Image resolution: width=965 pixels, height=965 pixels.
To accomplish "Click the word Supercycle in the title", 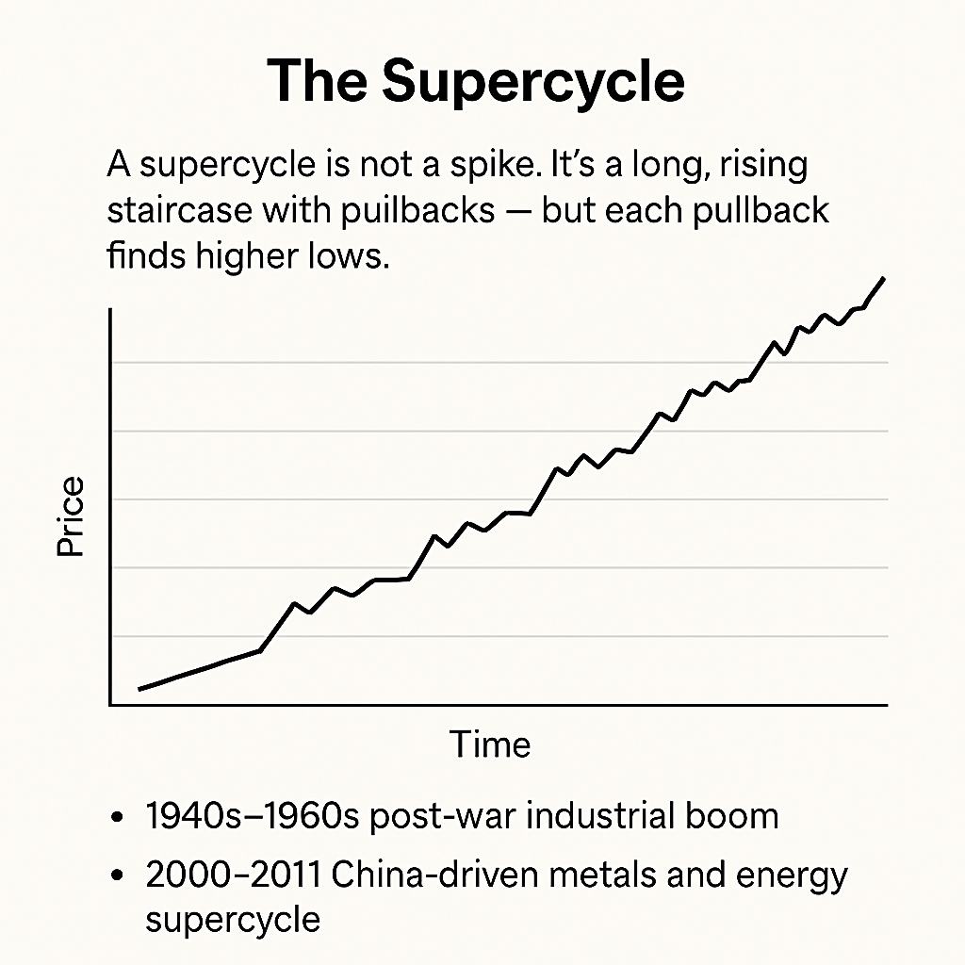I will [x=532, y=83].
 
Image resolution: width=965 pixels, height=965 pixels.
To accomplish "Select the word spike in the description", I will [x=499, y=167].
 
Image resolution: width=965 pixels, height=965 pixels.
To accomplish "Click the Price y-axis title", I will [x=70, y=516].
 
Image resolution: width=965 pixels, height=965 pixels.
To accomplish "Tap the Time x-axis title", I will [x=490, y=744].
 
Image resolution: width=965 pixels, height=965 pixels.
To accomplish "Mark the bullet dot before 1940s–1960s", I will [x=117, y=817].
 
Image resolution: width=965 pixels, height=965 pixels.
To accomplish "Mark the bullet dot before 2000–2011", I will [x=117, y=876].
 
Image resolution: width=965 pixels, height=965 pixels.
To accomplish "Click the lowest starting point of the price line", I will [x=140, y=689].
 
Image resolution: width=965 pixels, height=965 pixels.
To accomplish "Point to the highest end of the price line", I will [x=883, y=278].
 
